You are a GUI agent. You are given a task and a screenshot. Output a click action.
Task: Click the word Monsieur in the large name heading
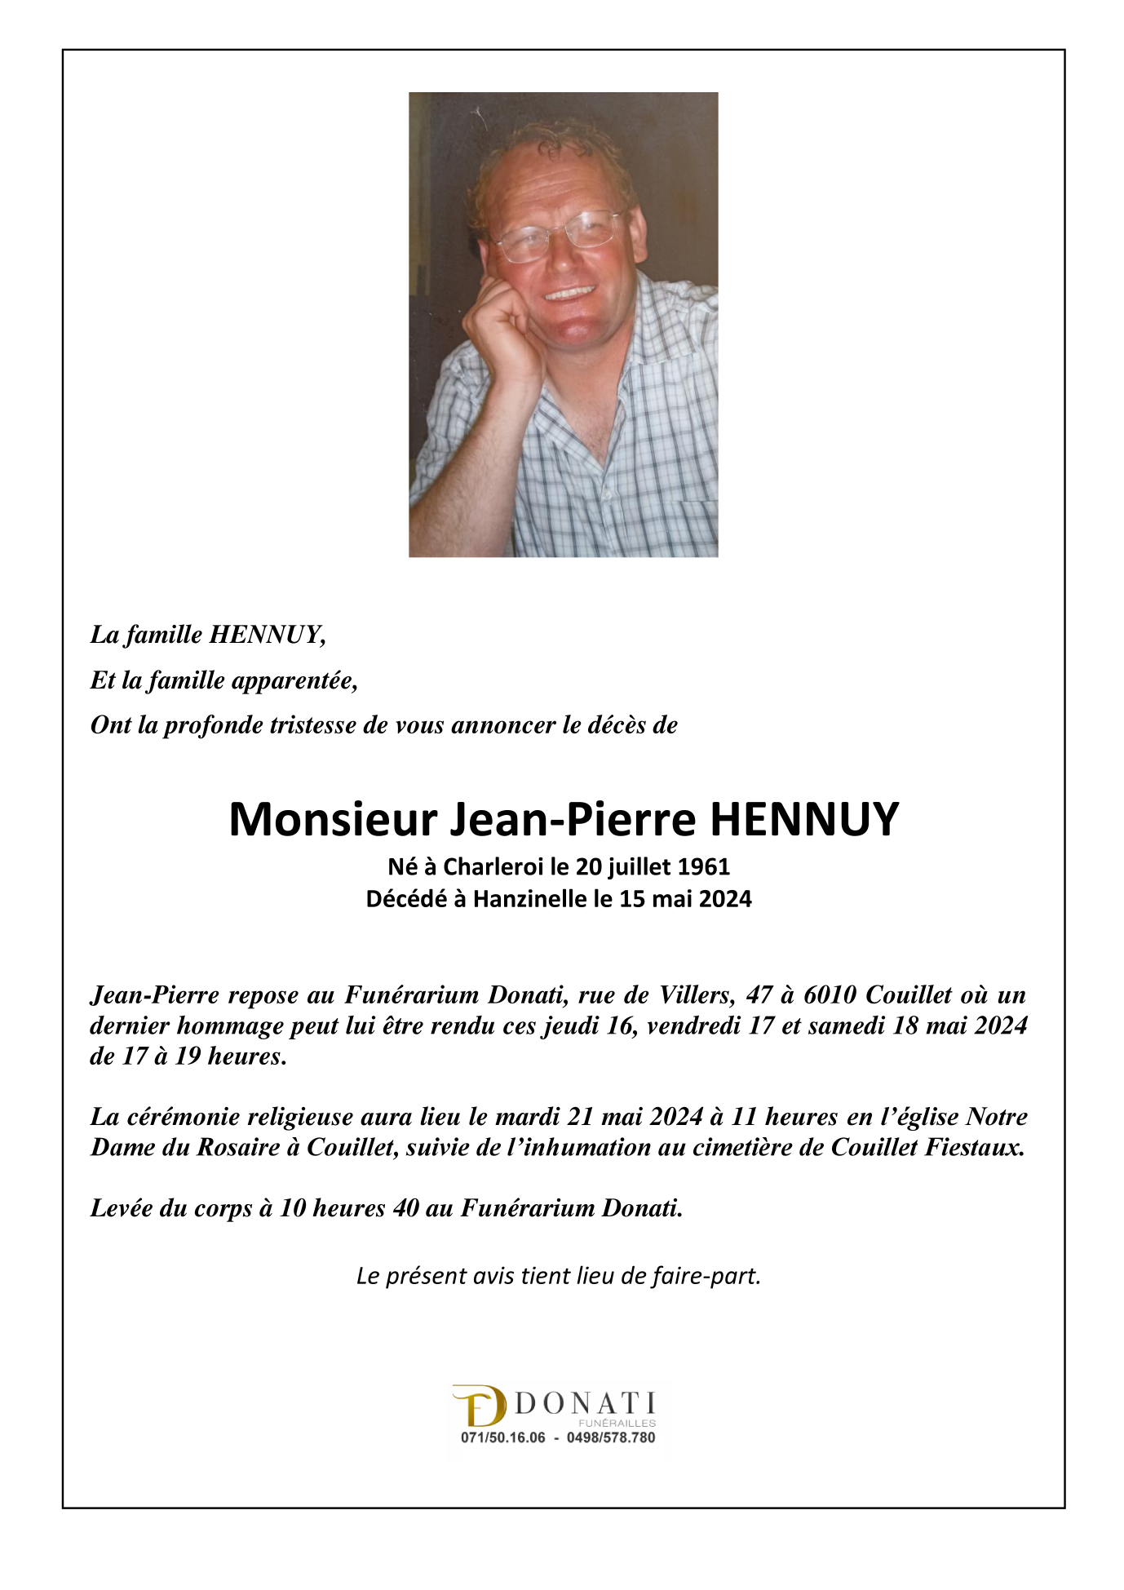[333, 819]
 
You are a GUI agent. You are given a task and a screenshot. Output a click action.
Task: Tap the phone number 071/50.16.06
[502, 1438]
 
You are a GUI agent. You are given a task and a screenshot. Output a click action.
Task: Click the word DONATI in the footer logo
[585, 1403]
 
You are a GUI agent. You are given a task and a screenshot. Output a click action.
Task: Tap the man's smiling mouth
[570, 293]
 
